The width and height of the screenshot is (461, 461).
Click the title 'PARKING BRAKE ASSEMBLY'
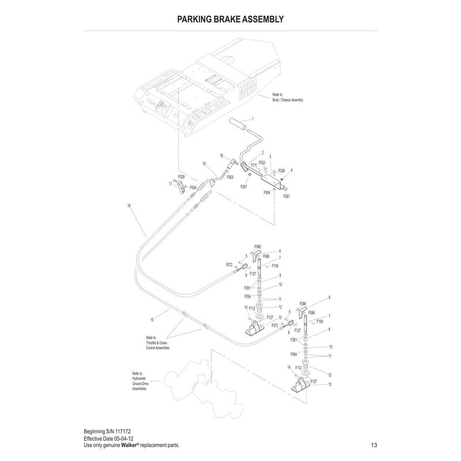pos(231,19)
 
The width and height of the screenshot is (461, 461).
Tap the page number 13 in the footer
pos(374,445)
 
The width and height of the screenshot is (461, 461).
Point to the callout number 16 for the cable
pos(129,205)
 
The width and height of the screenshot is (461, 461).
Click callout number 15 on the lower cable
pos(152,319)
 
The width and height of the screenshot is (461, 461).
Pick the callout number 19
pos(221,156)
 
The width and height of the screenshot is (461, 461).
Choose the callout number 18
pos(204,164)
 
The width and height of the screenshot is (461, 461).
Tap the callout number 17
pos(171,184)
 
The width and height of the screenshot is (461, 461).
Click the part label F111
pos(254,165)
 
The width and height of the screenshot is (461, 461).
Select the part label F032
pos(262,163)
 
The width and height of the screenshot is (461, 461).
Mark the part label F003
pos(230,177)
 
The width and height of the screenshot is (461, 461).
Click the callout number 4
pos(292,171)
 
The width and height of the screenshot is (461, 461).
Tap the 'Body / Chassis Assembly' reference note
pos(287,97)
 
